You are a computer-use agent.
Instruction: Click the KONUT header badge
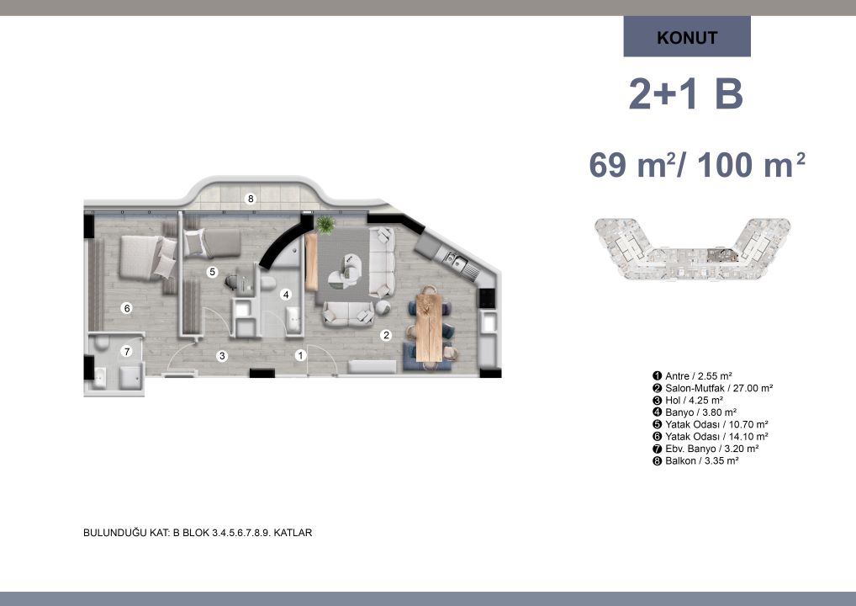(x=687, y=36)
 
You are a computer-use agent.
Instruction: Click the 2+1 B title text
(x=686, y=94)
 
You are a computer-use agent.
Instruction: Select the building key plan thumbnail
(x=692, y=248)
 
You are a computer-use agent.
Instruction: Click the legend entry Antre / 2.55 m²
(x=692, y=376)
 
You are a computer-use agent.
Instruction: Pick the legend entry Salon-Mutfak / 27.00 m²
(x=712, y=388)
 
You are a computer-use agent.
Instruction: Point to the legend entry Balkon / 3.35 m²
(x=695, y=460)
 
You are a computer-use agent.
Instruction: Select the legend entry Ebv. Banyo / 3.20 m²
(x=705, y=449)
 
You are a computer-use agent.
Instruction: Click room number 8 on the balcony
(x=251, y=199)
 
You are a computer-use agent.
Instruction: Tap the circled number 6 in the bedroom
(x=127, y=308)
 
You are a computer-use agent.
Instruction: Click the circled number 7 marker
(x=127, y=351)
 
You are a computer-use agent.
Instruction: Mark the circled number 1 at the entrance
(x=300, y=356)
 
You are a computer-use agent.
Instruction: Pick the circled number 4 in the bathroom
(x=286, y=295)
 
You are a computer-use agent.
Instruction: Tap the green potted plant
(x=325, y=224)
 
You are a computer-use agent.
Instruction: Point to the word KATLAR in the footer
(x=293, y=532)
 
